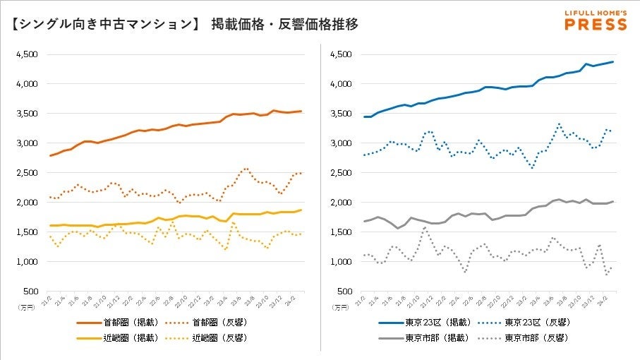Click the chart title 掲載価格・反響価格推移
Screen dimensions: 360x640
pyautogui.click(x=284, y=25)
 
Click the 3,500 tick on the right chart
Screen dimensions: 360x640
pyautogui.click(x=340, y=114)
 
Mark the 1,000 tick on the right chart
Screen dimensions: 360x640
pyautogui.click(x=340, y=262)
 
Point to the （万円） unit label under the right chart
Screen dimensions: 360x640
pyautogui.click(x=342, y=307)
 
